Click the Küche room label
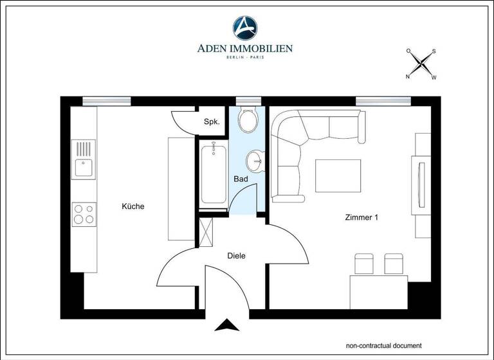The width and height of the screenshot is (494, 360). pos(133,206)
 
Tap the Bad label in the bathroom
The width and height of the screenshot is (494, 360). pos(241,179)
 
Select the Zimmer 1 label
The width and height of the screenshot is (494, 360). pos(361,217)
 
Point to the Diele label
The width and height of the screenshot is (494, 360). pos(237,255)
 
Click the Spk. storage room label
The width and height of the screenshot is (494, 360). pos(212,122)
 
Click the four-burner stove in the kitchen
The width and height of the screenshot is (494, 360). pos(84,213)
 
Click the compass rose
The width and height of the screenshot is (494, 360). pos(421,64)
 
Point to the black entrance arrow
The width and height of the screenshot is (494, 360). pos(226,326)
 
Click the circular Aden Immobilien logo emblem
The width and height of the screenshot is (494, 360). pos(246,28)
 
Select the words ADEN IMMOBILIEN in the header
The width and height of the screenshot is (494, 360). pos(246,48)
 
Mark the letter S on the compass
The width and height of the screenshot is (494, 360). pos(434,51)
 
